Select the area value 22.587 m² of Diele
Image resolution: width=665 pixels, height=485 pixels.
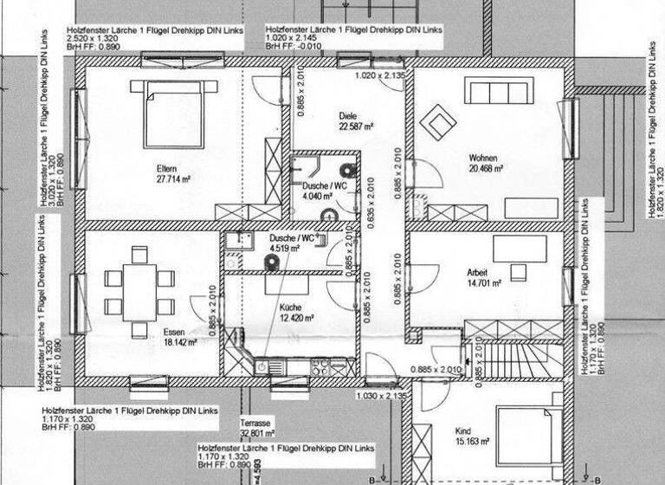point(356,126)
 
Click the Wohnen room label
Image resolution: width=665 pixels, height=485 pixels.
point(484,158)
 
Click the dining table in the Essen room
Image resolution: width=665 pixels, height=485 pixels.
point(139,292)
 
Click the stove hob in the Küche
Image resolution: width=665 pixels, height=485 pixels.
point(320,368)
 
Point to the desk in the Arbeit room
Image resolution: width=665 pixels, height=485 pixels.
point(520,249)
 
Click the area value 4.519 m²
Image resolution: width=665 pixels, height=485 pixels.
point(284,249)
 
